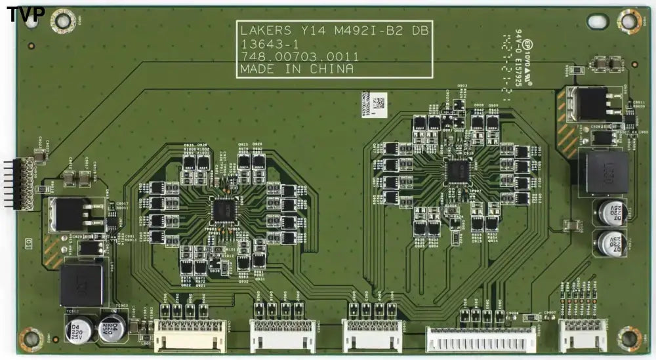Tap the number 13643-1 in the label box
click(259, 44)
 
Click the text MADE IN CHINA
click(297, 69)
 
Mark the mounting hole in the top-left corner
click(63, 21)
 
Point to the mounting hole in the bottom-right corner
click(628, 338)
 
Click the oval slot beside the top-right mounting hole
click(598, 21)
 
